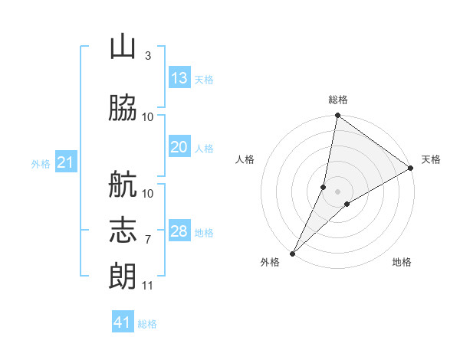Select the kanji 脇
click(x=123, y=107)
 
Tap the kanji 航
click(x=123, y=184)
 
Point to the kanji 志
click(x=123, y=230)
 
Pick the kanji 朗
click(x=123, y=276)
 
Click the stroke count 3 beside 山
click(x=148, y=56)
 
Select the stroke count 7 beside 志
click(x=148, y=240)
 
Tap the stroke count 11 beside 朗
click(x=147, y=286)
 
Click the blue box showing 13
click(x=179, y=77)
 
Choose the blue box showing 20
click(x=179, y=146)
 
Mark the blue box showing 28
click(x=179, y=230)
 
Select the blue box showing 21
click(x=66, y=162)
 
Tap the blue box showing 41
click(x=123, y=321)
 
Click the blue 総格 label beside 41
click(x=147, y=324)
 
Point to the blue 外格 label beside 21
click(x=41, y=164)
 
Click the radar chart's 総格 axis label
click(x=338, y=100)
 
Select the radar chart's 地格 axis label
click(x=402, y=262)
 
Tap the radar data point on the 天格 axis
click(x=411, y=168)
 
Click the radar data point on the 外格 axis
click(x=293, y=254)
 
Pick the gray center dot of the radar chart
click(x=337, y=191)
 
